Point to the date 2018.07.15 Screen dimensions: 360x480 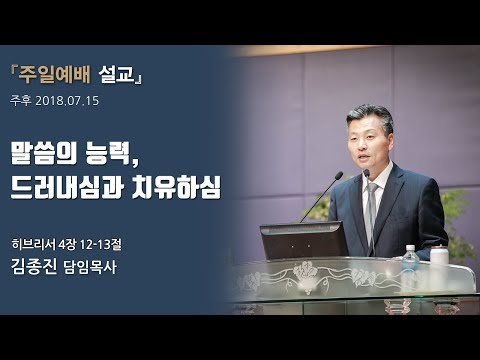pyautogui.click(x=71, y=101)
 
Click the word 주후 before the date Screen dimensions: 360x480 pyautogui.click(x=20, y=101)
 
